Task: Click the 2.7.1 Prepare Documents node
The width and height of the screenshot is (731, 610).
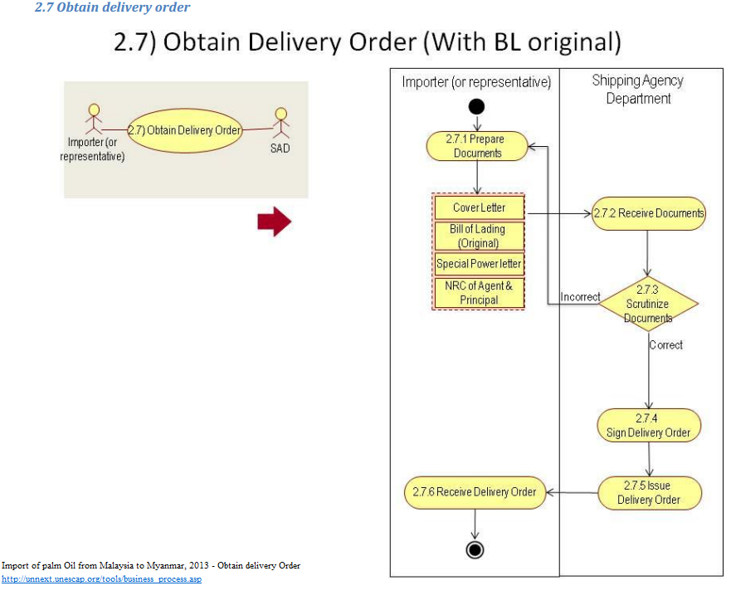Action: point(477,146)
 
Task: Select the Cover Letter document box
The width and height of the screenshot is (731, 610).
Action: point(479,207)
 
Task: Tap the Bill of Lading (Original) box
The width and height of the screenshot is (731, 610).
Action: point(479,236)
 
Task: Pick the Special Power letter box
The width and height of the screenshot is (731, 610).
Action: point(479,264)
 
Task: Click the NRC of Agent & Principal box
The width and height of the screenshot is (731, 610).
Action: point(479,293)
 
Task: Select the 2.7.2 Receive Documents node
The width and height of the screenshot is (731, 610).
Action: point(648,213)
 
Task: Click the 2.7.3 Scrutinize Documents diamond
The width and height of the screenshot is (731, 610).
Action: point(648,304)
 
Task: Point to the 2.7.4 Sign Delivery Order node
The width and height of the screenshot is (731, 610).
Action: point(648,425)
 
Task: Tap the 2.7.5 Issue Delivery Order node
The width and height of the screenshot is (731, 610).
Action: point(650,492)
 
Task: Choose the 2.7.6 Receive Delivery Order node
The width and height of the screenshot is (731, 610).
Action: point(475,491)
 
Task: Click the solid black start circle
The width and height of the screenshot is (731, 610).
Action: point(476,106)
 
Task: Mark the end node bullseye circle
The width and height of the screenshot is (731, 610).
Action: point(475,549)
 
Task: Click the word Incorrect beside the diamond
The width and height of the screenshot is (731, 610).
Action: point(580,296)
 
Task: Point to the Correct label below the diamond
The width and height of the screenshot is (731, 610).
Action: point(666,344)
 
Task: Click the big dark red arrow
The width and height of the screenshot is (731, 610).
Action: point(275,222)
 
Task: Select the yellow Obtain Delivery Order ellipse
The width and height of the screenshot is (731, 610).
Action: point(184,130)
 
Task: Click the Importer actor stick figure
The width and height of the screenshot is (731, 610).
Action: point(94,119)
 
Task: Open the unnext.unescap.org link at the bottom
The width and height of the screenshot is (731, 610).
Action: point(101,579)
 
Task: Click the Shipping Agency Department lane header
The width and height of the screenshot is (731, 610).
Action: point(637,89)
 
